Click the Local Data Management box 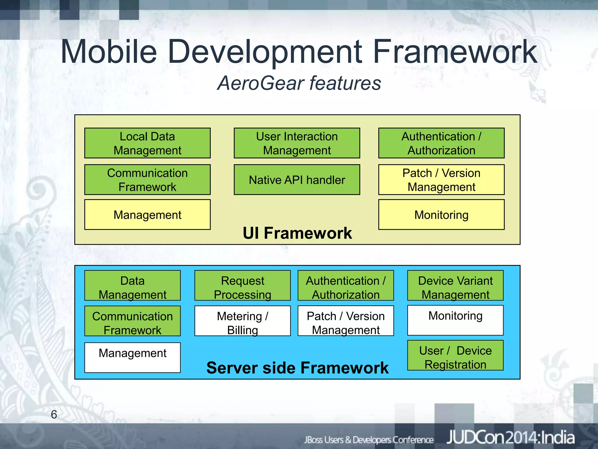[147, 143]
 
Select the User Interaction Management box [297, 143]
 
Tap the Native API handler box [297, 179]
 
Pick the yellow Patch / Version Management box [441, 179]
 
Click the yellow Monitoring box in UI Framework [441, 215]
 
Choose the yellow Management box [147, 215]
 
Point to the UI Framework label [297, 233]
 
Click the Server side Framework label [297, 367]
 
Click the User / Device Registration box [455, 355]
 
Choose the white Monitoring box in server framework [455, 320]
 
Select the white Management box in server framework [132, 357]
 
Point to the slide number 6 [54, 415]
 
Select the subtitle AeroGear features [299, 83]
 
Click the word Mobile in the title [109, 52]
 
